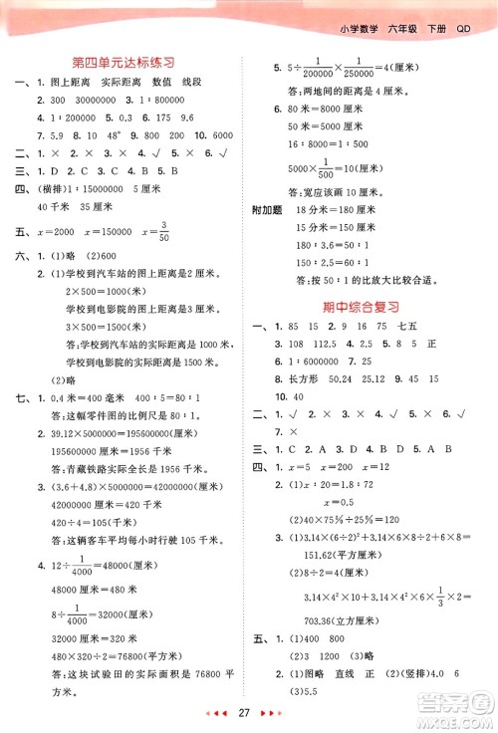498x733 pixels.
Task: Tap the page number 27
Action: pyautogui.click(x=250, y=713)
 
